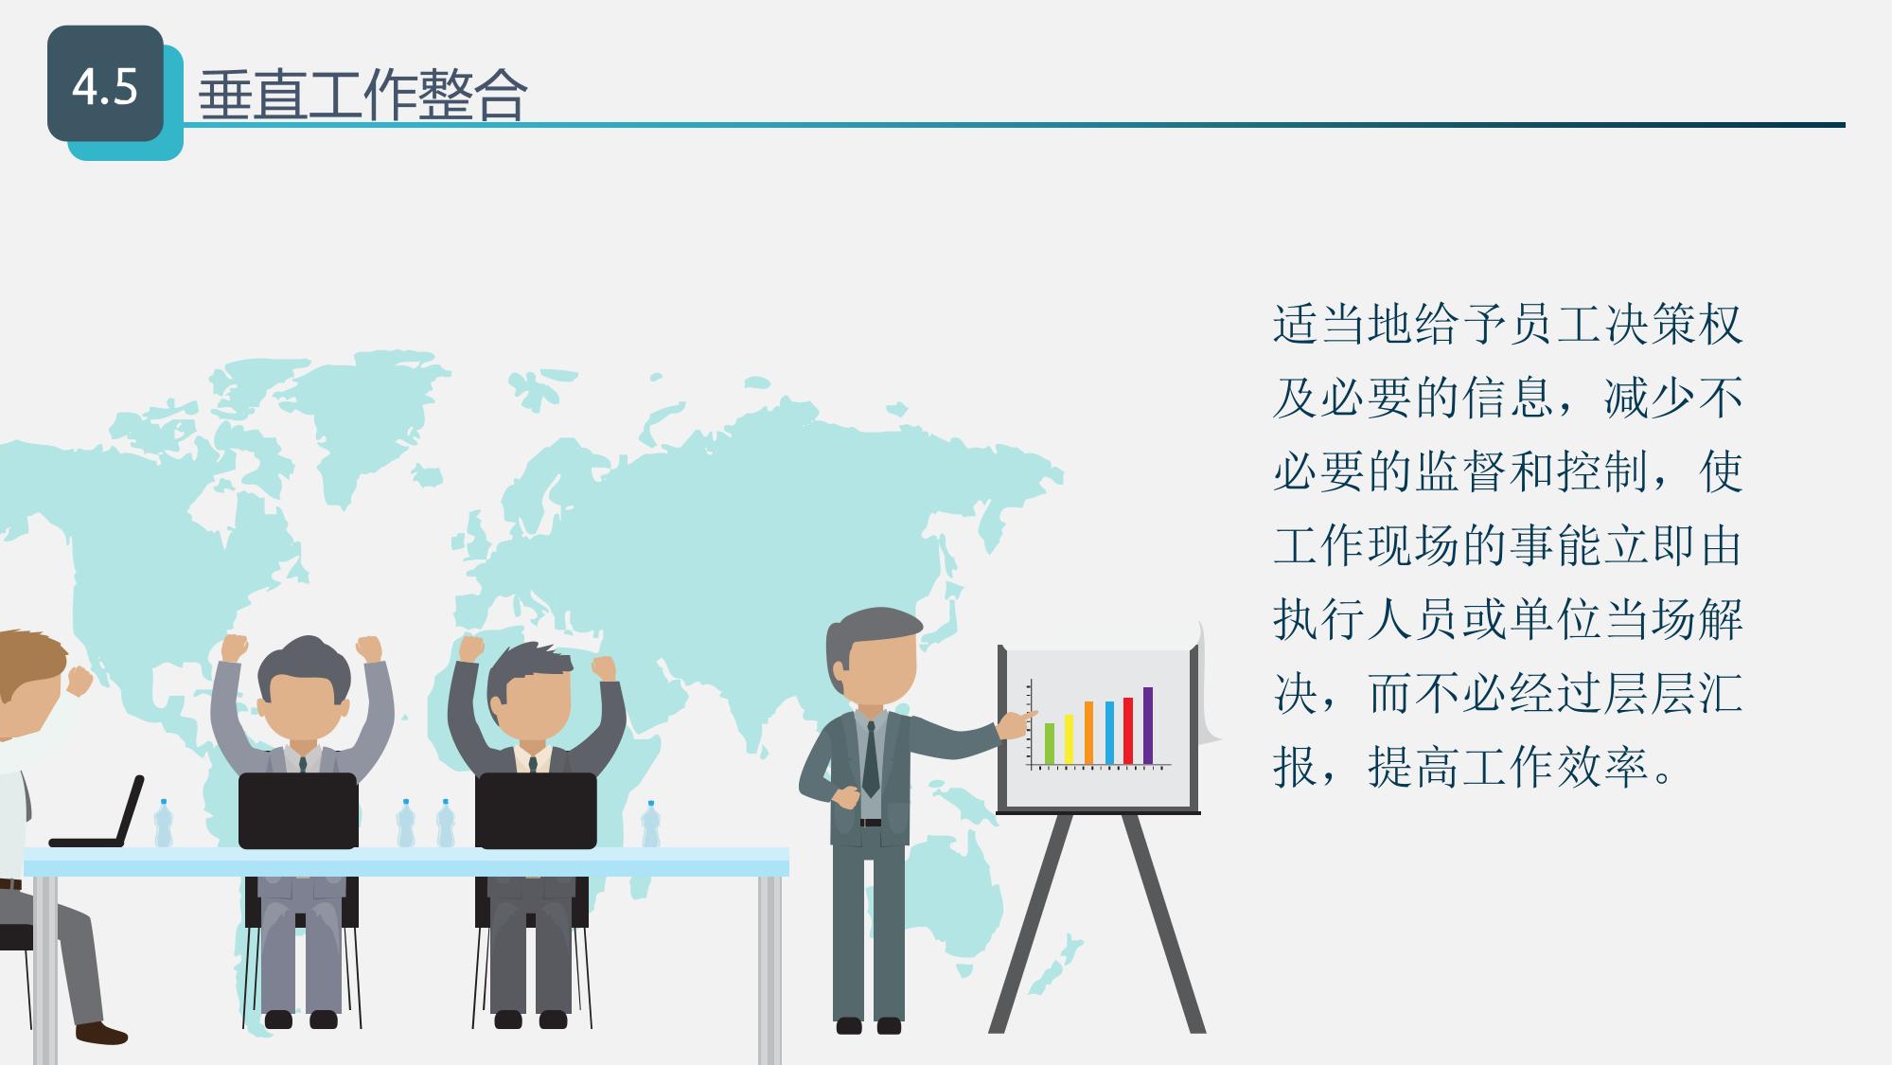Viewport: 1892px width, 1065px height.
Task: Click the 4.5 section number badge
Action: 105,84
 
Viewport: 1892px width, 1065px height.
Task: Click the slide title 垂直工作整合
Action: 362,95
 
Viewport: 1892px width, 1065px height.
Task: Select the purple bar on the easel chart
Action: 1148,725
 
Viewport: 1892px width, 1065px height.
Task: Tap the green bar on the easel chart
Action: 1049,743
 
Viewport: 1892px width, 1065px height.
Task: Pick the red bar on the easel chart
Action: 1128,731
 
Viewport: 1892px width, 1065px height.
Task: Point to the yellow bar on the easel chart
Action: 1069,739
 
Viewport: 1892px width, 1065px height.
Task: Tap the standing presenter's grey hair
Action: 866,634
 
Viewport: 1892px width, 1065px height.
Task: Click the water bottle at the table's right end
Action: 650,825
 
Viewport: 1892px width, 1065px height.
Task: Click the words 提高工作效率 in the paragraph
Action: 1509,767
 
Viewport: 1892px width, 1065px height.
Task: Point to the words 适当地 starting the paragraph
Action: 1344,325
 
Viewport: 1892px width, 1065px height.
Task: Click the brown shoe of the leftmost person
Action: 101,1033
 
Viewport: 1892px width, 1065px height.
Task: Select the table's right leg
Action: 769,969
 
